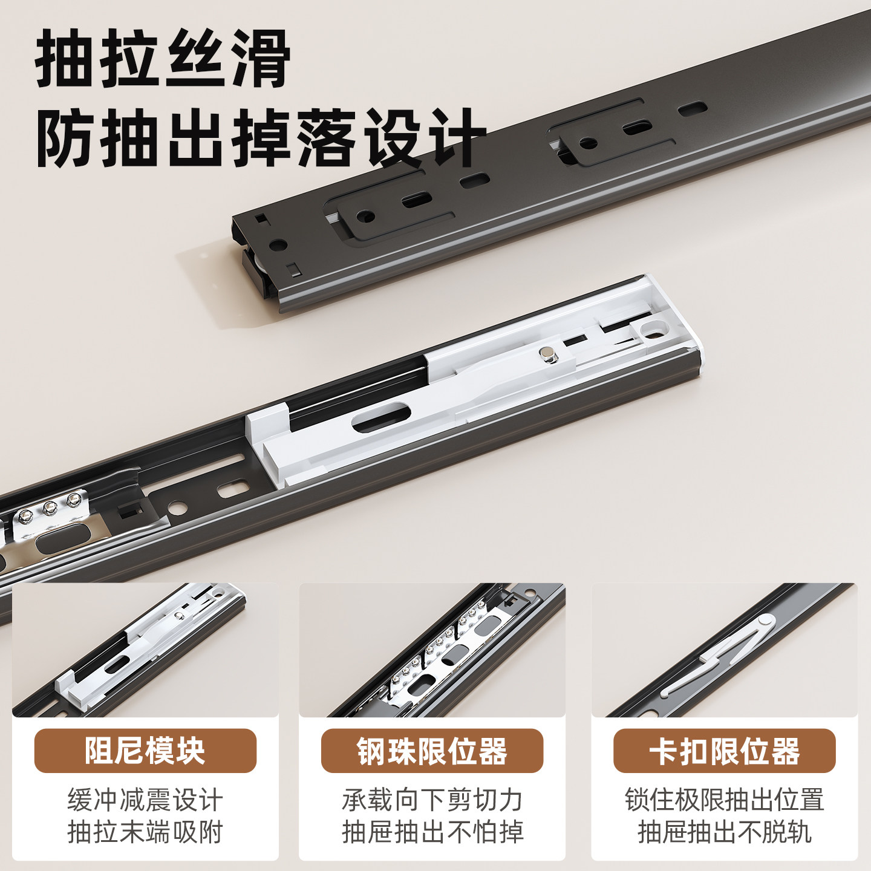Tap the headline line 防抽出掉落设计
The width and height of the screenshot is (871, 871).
pos(261,138)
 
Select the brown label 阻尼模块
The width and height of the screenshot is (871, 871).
pos(145,751)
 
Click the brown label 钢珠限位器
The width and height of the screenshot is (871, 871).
pos(432,751)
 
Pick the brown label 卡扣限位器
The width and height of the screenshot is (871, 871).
pos(724,751)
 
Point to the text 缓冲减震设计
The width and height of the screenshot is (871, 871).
pos(145,800)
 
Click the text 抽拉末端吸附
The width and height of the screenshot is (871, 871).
pos(145,832)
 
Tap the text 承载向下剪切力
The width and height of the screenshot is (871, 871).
pos(432,800)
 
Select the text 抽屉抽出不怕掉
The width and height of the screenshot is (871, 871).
pos(432,832)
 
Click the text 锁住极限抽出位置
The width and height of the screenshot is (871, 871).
pos(724,800)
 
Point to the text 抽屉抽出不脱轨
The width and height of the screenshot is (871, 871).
pos(724,832)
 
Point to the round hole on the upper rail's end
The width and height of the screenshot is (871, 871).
pos(278,246)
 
